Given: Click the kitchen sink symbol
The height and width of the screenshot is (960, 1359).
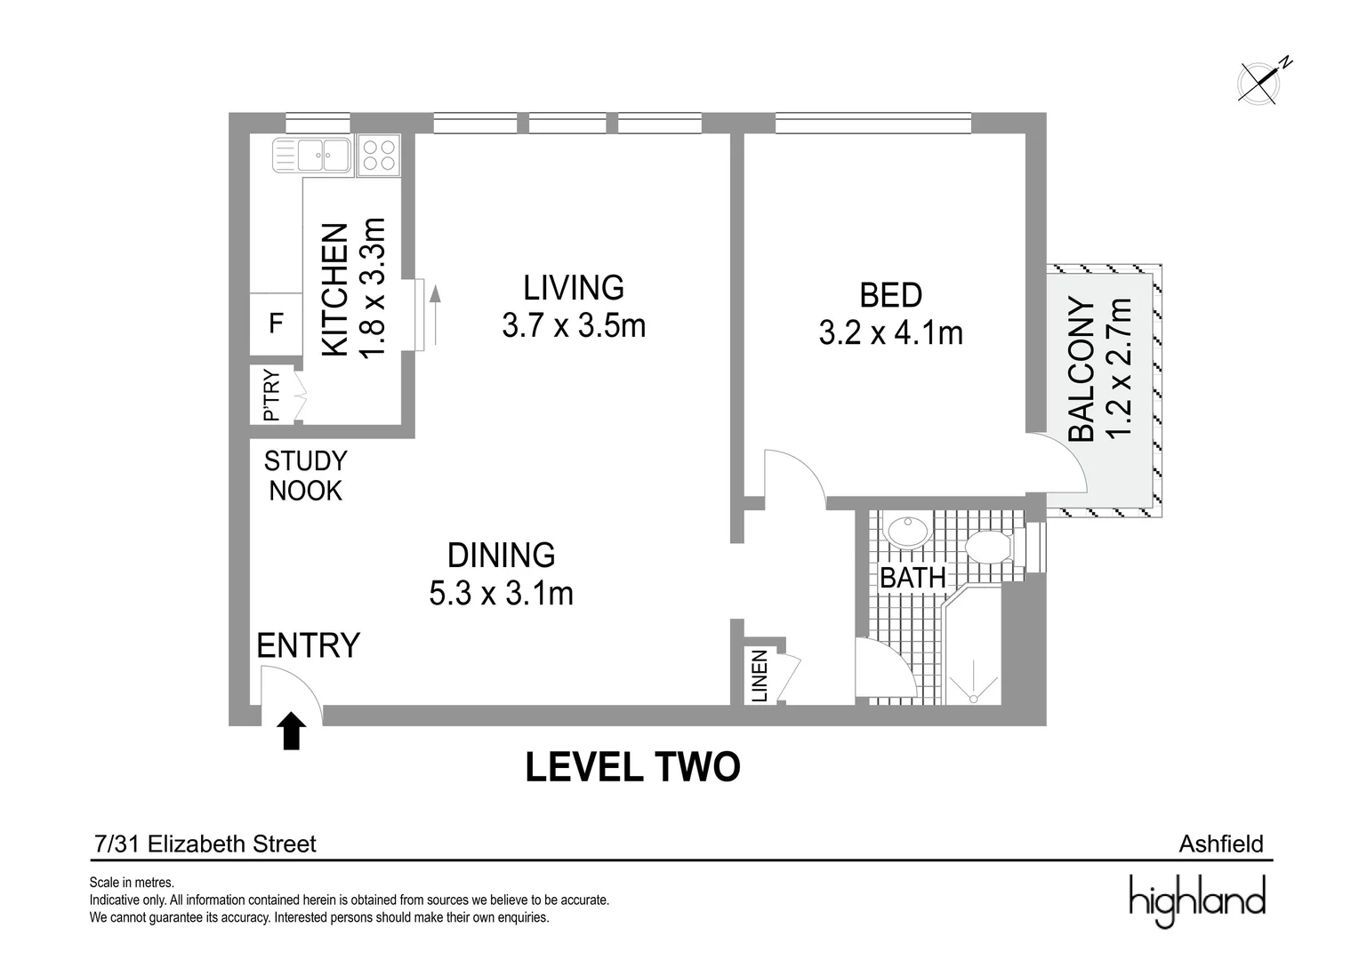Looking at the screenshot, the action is point(312,156).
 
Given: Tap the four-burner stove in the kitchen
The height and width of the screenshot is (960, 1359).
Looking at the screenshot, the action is point(379,156).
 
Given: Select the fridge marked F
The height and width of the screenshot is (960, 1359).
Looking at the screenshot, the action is point(276,324).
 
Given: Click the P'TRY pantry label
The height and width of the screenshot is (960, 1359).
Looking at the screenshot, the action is point(271,396).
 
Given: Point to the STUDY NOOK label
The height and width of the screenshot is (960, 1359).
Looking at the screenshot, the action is point(306,476).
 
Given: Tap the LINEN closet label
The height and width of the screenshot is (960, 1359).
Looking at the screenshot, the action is point(760,676).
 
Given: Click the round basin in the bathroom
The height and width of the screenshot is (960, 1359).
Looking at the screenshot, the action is point(907,532).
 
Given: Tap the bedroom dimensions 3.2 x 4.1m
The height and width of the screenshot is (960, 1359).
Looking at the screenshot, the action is point(890,333).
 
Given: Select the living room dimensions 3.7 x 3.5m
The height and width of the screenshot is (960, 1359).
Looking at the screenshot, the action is point(574,326).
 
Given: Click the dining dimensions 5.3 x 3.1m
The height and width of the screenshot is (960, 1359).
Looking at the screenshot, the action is point(501,594).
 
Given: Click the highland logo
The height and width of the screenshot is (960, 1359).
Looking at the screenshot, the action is point(1197,901).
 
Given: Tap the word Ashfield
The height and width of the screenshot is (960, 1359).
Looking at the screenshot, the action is point(1220,844).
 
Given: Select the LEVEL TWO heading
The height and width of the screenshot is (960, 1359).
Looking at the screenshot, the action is point(632,767).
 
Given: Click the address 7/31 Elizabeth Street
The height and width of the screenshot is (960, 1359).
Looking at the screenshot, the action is point(205,844).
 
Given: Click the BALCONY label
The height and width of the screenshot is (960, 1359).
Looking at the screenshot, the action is point(1082,369).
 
